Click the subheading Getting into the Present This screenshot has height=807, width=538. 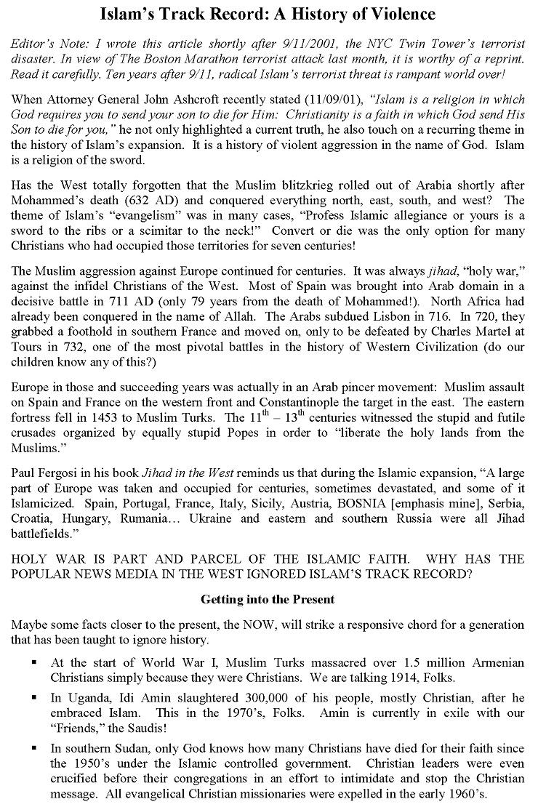click(267, 599)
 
